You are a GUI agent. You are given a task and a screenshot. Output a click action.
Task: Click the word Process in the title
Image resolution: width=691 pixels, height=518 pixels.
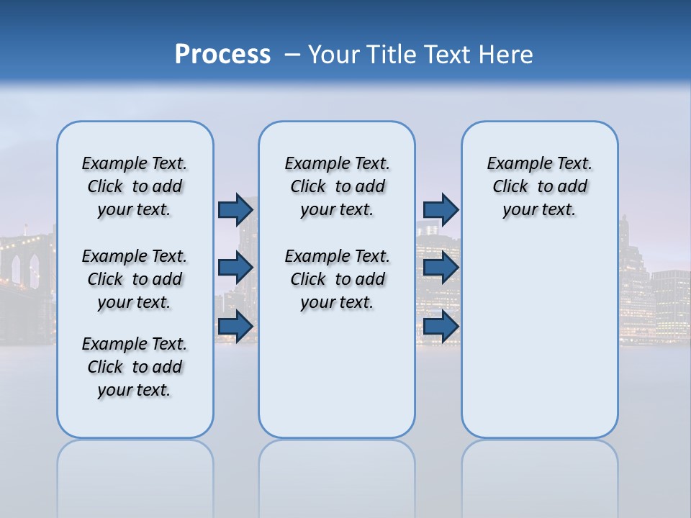[222, 55]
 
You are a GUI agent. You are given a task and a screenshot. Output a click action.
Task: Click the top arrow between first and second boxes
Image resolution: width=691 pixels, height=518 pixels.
[235, 209]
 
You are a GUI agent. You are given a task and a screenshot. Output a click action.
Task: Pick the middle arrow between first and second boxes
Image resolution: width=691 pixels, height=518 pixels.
[235, 268]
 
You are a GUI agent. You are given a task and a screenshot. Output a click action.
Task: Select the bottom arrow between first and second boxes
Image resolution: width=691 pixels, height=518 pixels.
[235, 326]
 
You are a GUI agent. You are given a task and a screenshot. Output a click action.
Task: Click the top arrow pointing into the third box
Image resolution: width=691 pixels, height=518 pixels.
[441, 209]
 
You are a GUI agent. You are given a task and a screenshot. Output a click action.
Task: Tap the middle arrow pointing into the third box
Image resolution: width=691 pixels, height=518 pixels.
[441, 268]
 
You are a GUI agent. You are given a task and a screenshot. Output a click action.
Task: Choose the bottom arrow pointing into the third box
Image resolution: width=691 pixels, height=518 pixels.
[441, 326]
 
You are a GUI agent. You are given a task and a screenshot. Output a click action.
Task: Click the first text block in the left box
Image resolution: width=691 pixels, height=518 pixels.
[135, 186]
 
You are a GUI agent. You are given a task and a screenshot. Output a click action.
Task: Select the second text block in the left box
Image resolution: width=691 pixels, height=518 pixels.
[135, 279]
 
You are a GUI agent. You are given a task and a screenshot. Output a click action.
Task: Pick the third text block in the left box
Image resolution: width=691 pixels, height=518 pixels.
[135, 367]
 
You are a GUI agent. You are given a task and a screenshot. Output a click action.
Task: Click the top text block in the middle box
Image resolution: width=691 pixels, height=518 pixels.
[337, 186]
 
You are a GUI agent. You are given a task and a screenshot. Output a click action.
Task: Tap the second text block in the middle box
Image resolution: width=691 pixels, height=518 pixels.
[337, 279]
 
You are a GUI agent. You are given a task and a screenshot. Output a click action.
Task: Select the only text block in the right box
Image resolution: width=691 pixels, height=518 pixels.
[539, 186]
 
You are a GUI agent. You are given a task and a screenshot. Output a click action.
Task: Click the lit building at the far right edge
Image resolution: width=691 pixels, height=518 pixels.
[671, 302]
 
